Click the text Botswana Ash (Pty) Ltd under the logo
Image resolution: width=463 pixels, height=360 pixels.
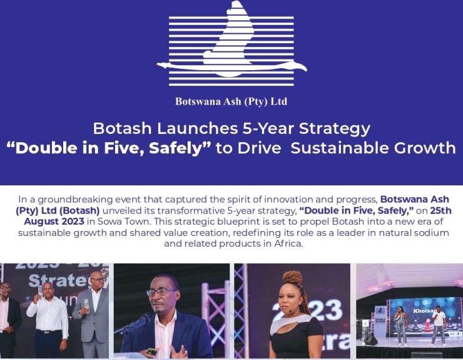point(232,101)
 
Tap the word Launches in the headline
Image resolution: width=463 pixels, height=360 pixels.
point(198,128)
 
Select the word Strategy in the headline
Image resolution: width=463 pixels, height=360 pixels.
point(335,129)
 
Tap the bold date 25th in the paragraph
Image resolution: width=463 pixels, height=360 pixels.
point(440,211)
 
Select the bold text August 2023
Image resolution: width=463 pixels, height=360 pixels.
point(54,222)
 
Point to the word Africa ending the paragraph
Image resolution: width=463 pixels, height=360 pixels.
point(288,244)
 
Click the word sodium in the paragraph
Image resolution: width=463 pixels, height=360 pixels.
point(432,233)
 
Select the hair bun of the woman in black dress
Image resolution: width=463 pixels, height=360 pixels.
point(293,278)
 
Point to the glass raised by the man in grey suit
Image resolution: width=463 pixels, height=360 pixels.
point(86,306)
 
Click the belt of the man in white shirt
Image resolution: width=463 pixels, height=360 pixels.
point(48,332)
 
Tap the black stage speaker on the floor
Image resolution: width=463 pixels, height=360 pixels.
point(370,341)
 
